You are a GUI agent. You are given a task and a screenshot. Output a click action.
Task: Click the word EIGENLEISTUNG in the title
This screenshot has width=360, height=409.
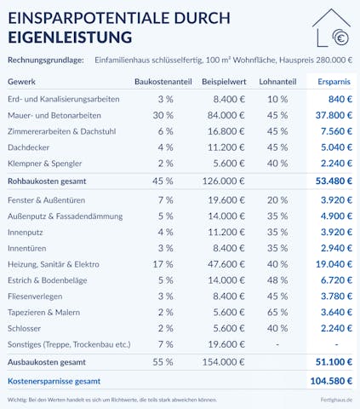click(69, 37)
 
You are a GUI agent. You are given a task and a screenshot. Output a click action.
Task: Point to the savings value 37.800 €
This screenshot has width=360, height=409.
click(334, 115)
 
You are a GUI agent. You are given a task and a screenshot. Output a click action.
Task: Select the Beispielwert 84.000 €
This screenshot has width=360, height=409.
click(225, 115)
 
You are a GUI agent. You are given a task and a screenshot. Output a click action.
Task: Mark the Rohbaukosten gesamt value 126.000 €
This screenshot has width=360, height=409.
click(222, 181)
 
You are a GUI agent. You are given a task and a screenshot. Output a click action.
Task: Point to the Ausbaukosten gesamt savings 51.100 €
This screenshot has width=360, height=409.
click(333, 361)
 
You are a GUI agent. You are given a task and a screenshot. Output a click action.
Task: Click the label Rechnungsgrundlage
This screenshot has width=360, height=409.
click(45, 60)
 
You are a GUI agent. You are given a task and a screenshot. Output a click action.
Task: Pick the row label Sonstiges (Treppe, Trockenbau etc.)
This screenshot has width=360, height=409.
click(69, 344)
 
